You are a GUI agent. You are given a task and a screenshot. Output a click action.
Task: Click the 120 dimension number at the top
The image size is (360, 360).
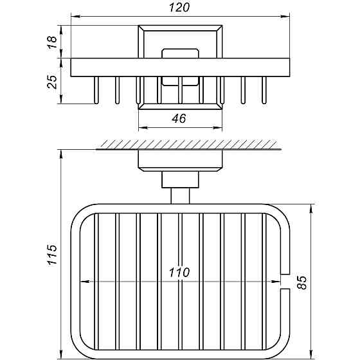(179, 7)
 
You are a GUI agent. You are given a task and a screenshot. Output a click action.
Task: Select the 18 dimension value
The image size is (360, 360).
(52, 42)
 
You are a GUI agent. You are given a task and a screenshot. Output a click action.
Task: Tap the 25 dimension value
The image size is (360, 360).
(52, 82)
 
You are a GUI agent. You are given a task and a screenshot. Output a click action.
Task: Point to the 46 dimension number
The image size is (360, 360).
(179, 118)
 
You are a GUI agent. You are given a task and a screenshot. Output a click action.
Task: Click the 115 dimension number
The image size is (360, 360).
(52, 255)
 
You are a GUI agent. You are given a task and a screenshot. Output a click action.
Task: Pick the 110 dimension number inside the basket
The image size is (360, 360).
(179, 273)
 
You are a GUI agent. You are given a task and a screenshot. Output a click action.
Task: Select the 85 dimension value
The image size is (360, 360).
(301, 282)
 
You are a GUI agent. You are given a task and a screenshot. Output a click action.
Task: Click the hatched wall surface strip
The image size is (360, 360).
(189, 144)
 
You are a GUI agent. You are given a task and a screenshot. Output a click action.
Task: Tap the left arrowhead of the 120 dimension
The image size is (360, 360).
(75, 17)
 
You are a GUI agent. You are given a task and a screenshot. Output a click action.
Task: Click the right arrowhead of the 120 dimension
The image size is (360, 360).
(285, 17)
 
